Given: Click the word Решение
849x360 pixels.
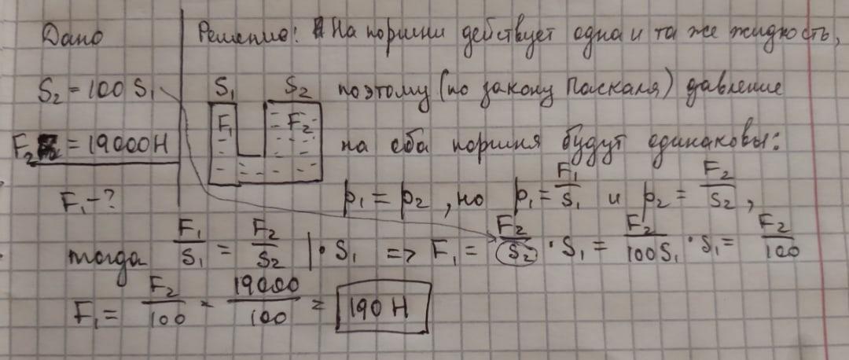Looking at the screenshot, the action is point(236,33).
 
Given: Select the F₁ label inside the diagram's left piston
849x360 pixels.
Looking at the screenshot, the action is point(225,125).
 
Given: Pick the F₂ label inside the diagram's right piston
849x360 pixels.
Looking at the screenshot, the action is point(299,123).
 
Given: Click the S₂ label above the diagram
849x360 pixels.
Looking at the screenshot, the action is point(296,89).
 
